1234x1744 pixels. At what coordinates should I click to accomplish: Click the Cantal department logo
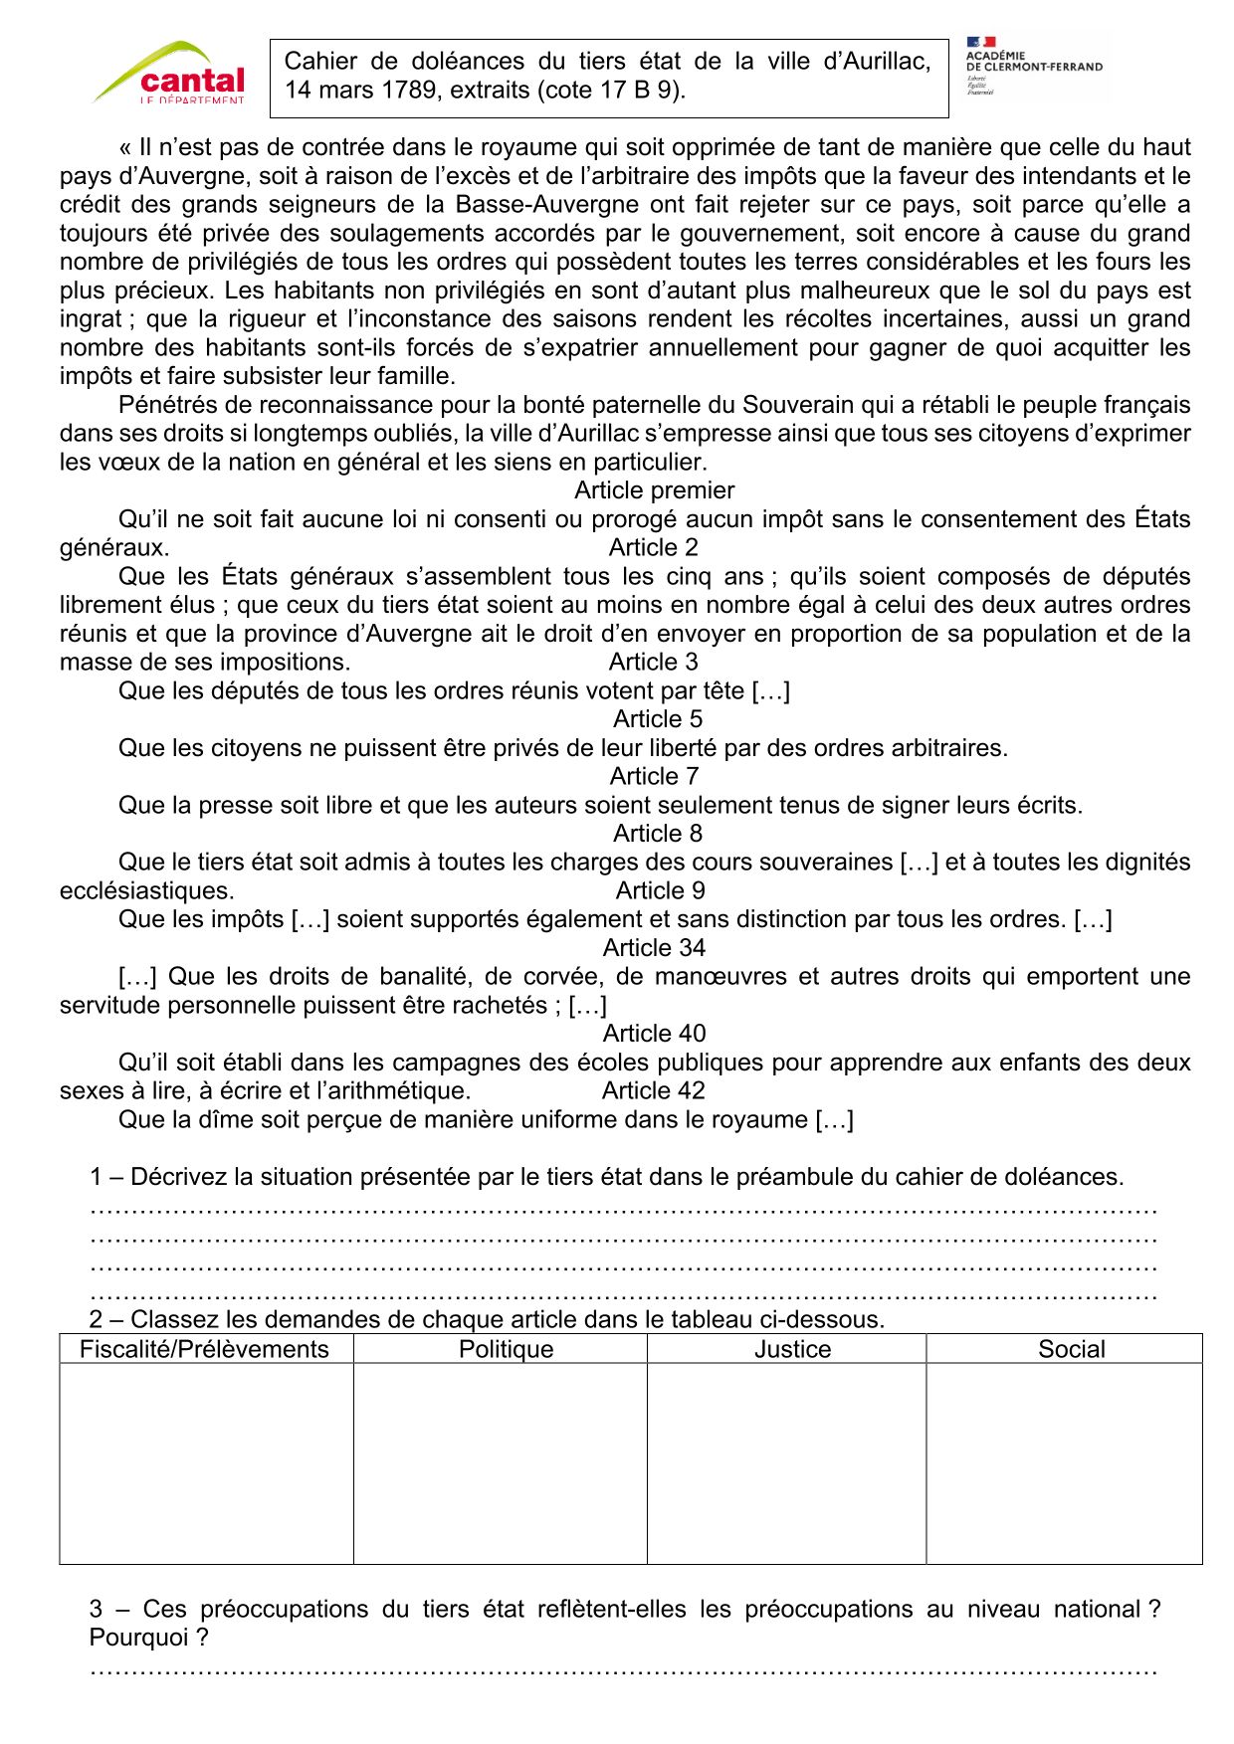point(171,73)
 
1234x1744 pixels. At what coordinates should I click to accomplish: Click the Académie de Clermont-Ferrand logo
point(1034,66)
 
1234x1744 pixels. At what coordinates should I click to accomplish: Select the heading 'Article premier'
point(654,490)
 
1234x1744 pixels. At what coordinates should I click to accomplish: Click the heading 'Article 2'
point(653,547)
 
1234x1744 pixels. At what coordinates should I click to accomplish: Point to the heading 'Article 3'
point(653,662)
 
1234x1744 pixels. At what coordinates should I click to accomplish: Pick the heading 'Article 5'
point(657,719)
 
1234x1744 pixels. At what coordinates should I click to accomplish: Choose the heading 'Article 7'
point(654,776)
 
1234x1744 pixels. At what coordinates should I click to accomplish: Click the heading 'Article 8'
point(657,834)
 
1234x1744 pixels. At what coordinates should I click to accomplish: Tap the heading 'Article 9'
point(660,890)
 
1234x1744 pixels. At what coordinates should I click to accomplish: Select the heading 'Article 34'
point(654,948)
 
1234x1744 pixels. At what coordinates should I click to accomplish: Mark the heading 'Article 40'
point(654,1034)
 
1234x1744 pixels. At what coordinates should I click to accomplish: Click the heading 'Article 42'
point(653,1090)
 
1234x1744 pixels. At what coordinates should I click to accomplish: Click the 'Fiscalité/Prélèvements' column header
point(204,1349)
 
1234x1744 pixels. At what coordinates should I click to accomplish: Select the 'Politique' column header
point(506,1349)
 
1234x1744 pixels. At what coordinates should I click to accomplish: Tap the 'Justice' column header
point(792,1349)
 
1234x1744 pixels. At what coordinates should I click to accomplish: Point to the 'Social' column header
point(1071,1349)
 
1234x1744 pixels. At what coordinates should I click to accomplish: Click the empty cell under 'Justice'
point(786,1462)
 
